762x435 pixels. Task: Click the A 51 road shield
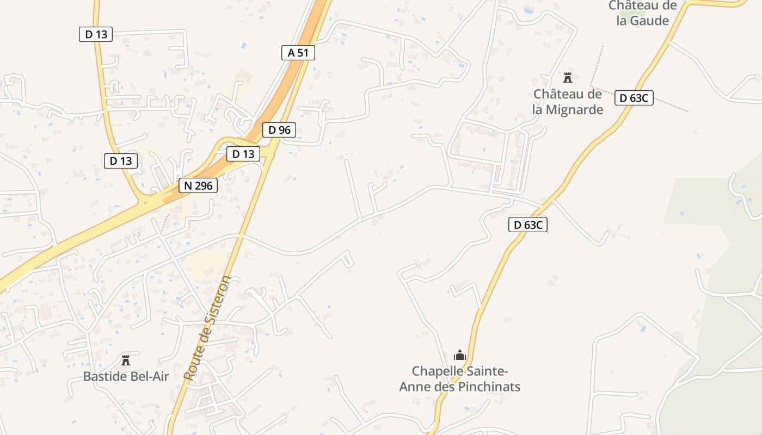coord(298,53)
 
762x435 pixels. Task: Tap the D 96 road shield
coord(279,130)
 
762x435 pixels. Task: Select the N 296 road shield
coord(198,185)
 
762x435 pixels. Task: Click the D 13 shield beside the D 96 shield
coord(243,154)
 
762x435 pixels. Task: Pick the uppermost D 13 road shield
coord(96,34)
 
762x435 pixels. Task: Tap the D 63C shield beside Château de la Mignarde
coord(634,98)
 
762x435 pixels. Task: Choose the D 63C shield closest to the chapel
coord(528,225)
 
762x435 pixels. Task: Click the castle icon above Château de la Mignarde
coord(568,78)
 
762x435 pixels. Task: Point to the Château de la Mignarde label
coord(568,102)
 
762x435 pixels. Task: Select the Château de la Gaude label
coord(642,13)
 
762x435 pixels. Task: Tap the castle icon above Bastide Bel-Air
coord(126,360)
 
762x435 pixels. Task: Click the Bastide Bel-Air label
coord(126,376)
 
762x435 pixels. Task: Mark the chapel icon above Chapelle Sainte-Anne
coord(460,356)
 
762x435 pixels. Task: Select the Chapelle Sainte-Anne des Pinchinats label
coord(460,379)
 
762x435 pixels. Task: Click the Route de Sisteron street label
coord(207,328)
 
